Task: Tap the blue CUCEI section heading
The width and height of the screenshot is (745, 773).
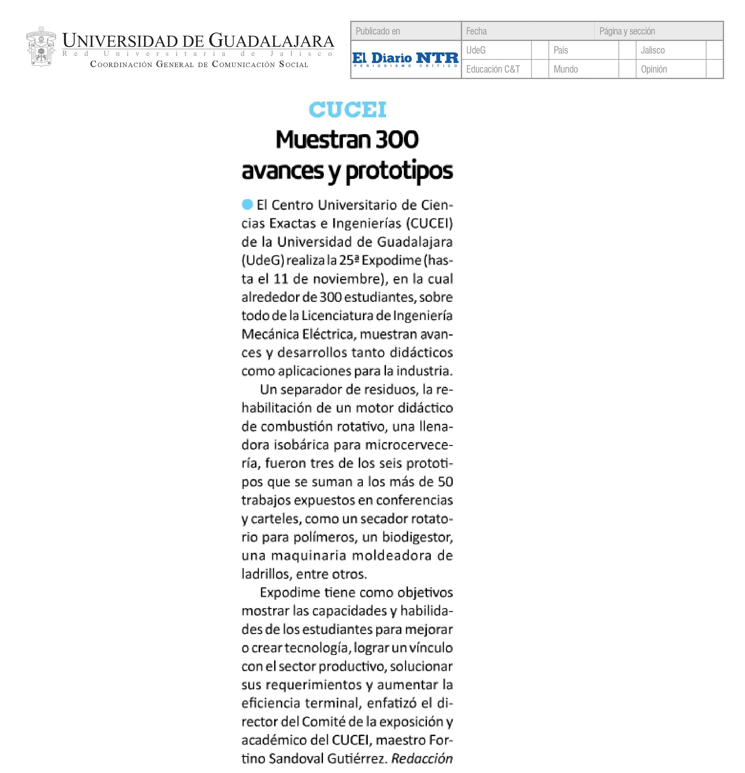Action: [347, 110]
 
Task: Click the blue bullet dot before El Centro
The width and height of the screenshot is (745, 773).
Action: [247, 204]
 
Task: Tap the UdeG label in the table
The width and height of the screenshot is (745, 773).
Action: [476, 50]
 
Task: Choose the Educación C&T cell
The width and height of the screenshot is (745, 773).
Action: [493, 69]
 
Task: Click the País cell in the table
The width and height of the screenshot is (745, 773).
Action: [561, 50]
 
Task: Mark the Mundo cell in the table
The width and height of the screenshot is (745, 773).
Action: [565, 69]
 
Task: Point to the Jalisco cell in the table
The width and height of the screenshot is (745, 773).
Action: [652, 50]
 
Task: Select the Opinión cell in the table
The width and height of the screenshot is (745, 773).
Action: [654, 69]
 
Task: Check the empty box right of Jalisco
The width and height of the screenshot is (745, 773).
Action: [714, 50]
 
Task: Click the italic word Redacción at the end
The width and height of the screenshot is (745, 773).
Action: [422, 758]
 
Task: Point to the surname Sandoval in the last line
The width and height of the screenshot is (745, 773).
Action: [297, 758]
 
